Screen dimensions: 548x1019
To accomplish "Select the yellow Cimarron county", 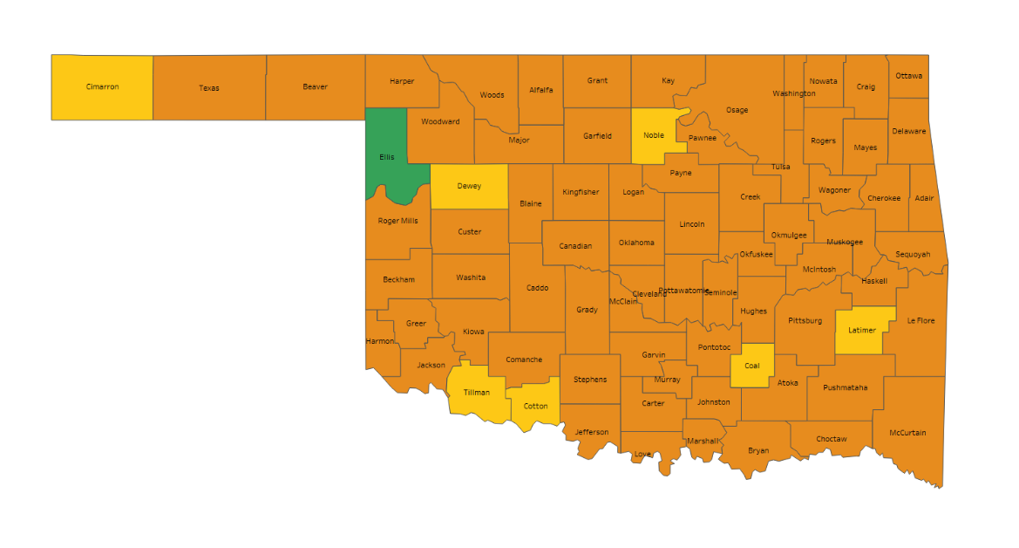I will coord(102,87).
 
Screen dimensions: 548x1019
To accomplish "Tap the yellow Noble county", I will coord(654,135).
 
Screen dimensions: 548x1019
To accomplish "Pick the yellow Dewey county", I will coord(469,186).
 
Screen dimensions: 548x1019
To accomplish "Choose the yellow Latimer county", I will coord(862,330).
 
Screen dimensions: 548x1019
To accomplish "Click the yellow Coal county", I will coord(751,366).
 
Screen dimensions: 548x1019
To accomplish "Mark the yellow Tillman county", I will coord(476,393).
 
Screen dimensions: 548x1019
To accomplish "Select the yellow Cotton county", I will coord(535,406).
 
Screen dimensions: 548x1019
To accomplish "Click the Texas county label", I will coord(209,88).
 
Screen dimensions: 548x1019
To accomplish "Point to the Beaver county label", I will coord(315,86).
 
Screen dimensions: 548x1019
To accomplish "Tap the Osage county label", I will coord(737,110).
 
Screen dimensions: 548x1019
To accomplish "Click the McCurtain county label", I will coord(907,433).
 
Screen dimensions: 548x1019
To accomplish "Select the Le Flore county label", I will coord(920,320).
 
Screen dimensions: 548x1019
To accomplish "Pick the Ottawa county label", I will coord(908,75).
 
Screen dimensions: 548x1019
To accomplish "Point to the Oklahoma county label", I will coord(636,243).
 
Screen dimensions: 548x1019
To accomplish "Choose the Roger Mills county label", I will coord(397,221).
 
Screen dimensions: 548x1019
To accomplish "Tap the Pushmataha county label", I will coord(845,387).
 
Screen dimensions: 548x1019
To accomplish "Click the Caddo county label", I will coord(537,288).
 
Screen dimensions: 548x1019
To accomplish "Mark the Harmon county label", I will coord(380,341).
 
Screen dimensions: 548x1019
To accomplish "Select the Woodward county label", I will coord(440,121).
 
